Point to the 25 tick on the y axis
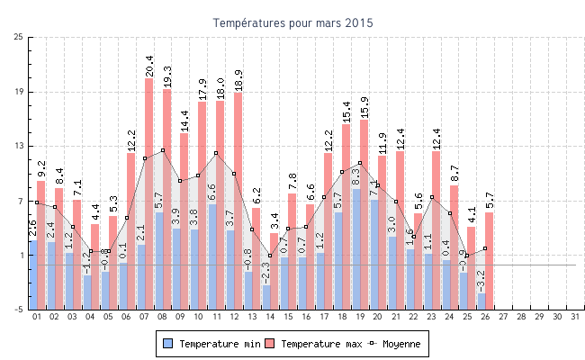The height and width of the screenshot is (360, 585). pos(19,37)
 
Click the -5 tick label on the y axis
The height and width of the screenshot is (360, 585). pos(19,310)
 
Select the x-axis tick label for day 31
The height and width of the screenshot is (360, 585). pos(573,317)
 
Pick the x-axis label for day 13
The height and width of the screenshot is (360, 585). pos(252,317)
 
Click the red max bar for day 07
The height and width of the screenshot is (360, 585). pos(148,180)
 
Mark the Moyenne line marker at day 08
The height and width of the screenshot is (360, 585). pos(163,150)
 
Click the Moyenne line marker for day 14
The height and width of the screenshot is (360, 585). pos(269,256)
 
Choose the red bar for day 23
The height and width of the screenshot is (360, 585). pos(436,216)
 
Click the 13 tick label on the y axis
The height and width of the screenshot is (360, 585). pos(19,146)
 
